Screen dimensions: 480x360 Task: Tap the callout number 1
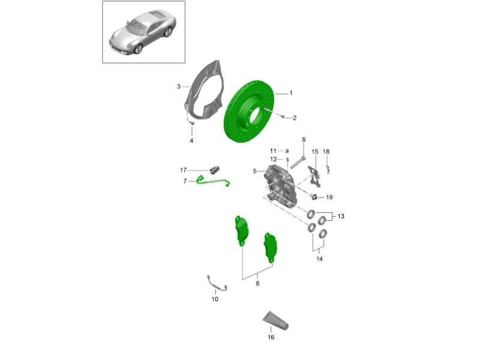click(291, 93)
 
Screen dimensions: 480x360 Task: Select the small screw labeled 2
click(283, 116)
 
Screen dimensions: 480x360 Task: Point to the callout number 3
click(179, 86)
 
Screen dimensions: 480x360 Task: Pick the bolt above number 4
click(192, 123)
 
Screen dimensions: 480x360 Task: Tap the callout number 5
click(254, 171)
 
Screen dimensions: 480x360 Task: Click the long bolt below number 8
click(298, 162)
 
